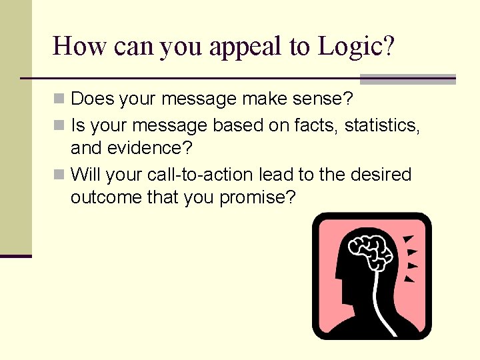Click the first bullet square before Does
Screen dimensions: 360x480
pyautogui.click(x=59, y=99)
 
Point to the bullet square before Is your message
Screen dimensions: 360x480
pyautogui.click(x=59, y=125)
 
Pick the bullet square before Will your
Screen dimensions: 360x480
pyautogui.click(x=59, y=175)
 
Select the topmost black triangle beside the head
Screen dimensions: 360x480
pyautogui.click(x=409, y=239)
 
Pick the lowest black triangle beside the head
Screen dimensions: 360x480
pyautogui.click(x=409, y=279)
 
